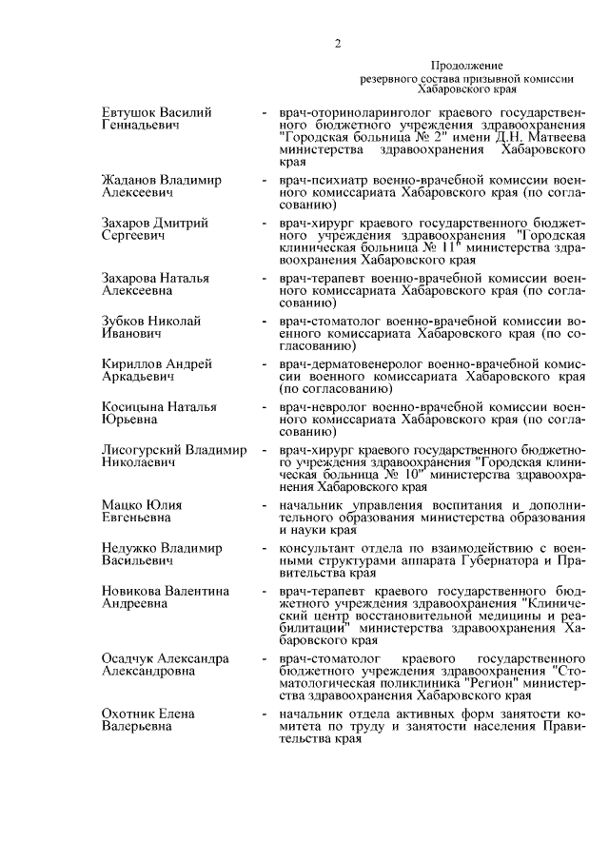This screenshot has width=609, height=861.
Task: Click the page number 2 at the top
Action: tap(337, 41)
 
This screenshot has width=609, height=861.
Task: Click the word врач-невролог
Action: tap(320, 407)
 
